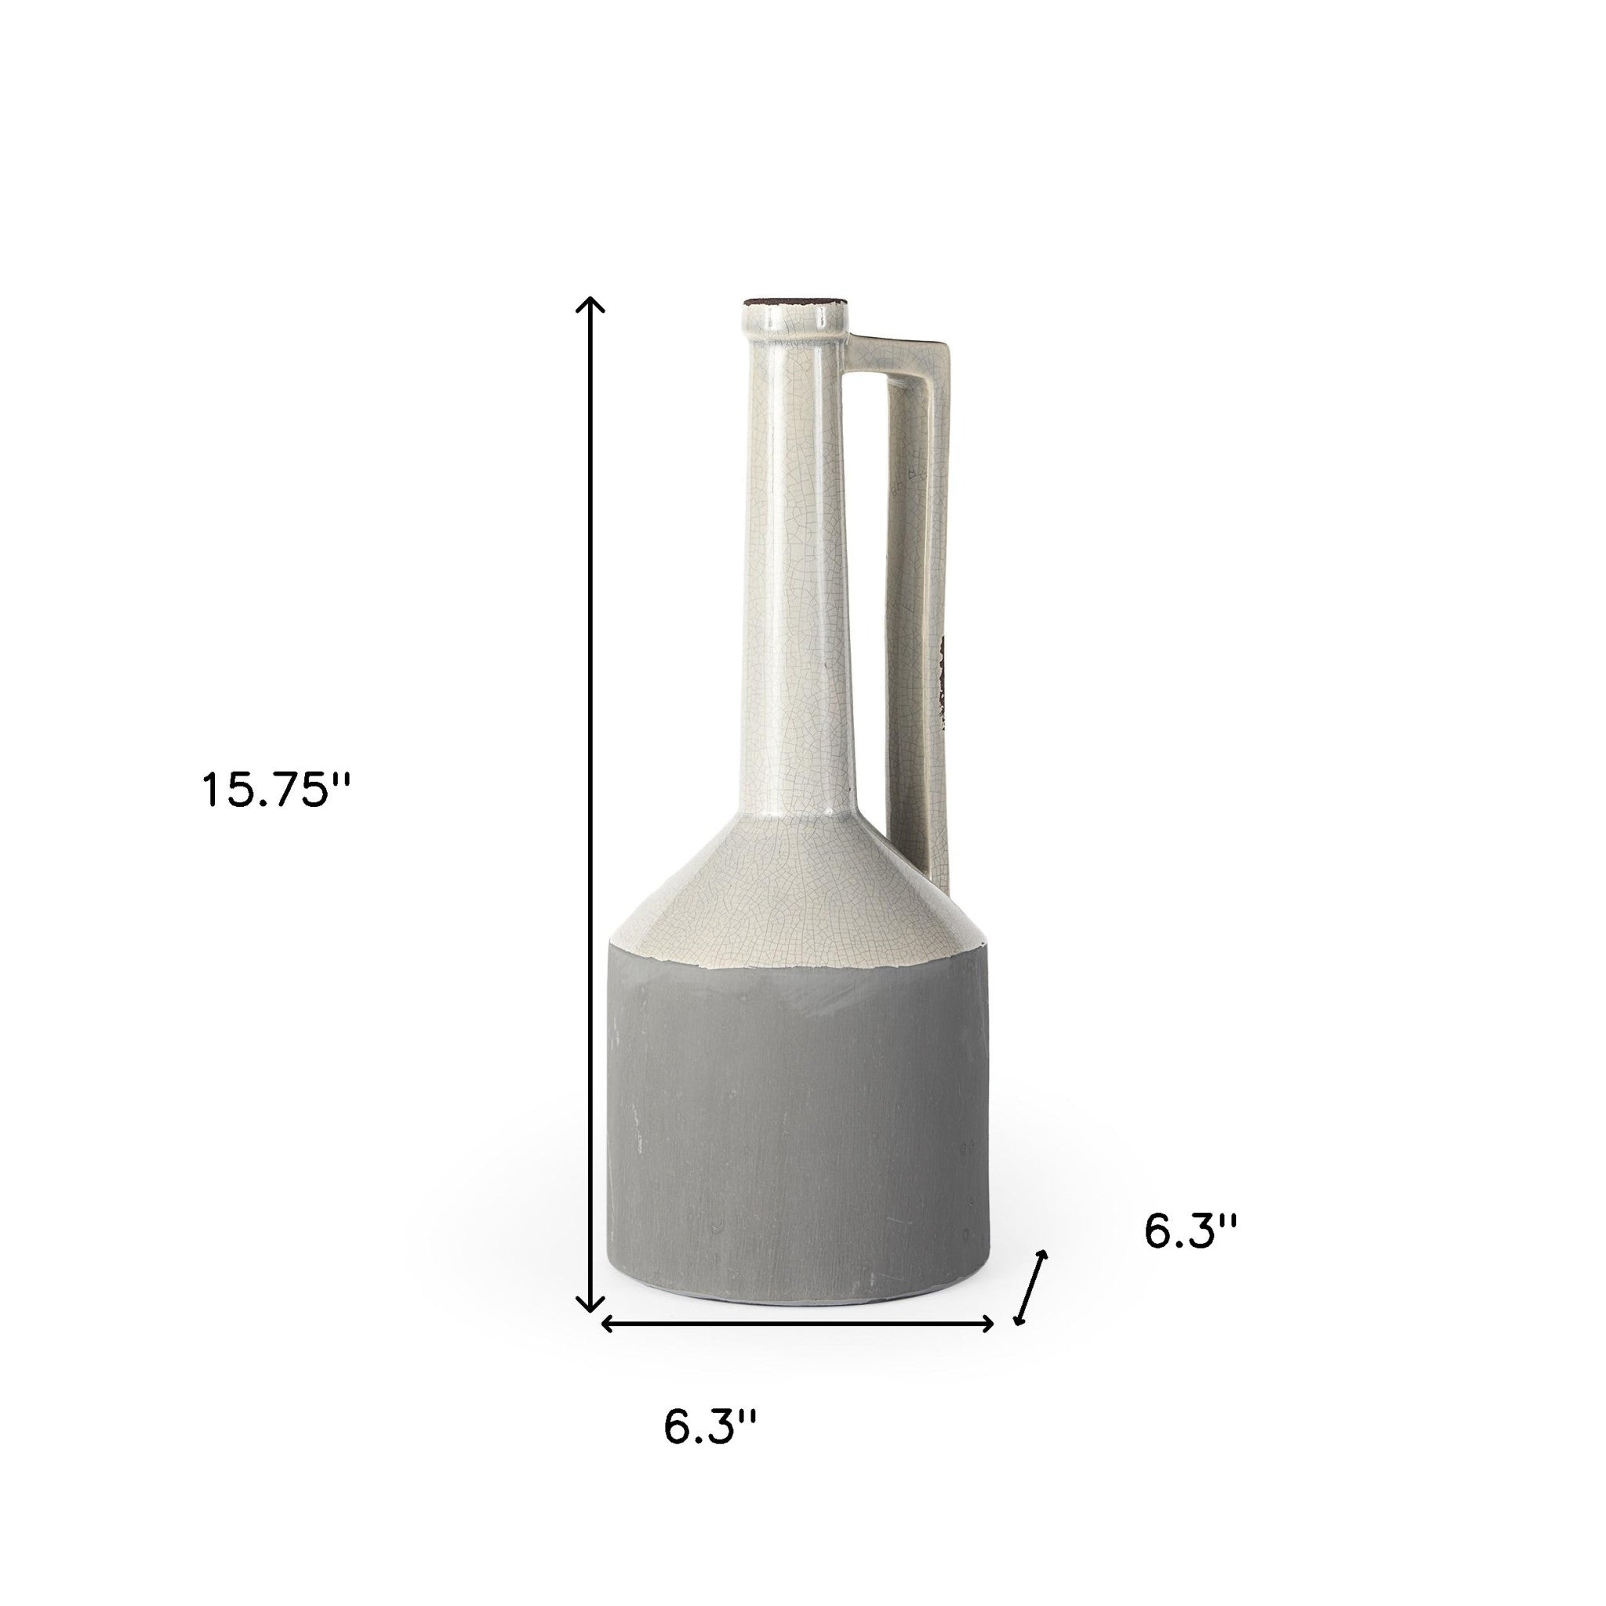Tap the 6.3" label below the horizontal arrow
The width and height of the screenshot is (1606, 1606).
click(710, 1451)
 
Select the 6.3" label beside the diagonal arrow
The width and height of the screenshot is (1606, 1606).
click(1190, 1255)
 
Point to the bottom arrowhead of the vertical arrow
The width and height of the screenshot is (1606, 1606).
click(590, 1328)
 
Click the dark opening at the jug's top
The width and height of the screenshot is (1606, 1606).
click(794, 300)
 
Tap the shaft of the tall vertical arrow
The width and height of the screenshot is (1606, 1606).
click(590, 815)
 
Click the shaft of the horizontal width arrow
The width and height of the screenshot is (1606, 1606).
click(798, 1346)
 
